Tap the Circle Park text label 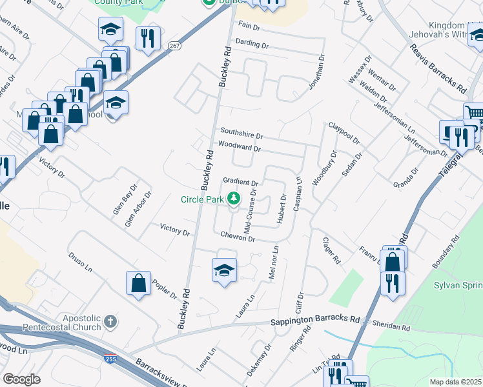(x=201, y=199)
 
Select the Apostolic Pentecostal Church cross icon (x=110, y=321)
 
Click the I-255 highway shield (x=108, y=356)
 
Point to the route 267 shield (x=175, y=45)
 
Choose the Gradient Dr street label (x=240, y=183)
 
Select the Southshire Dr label (x=241, y=136)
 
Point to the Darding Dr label (x=252, y=45)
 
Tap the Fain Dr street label (x=249, y=26)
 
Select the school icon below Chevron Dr (x=224, y=270)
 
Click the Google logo (x=21, y=379)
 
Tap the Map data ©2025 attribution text (x=455, y=382)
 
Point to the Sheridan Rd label (x=397, y=328)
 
